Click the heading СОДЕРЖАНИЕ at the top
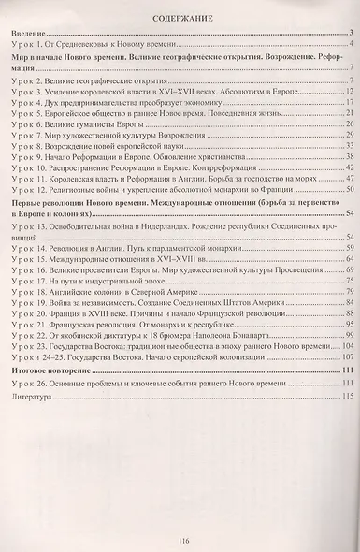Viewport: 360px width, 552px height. click(x=180, y=17)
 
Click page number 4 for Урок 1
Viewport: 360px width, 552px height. click(x=348, y=46)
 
